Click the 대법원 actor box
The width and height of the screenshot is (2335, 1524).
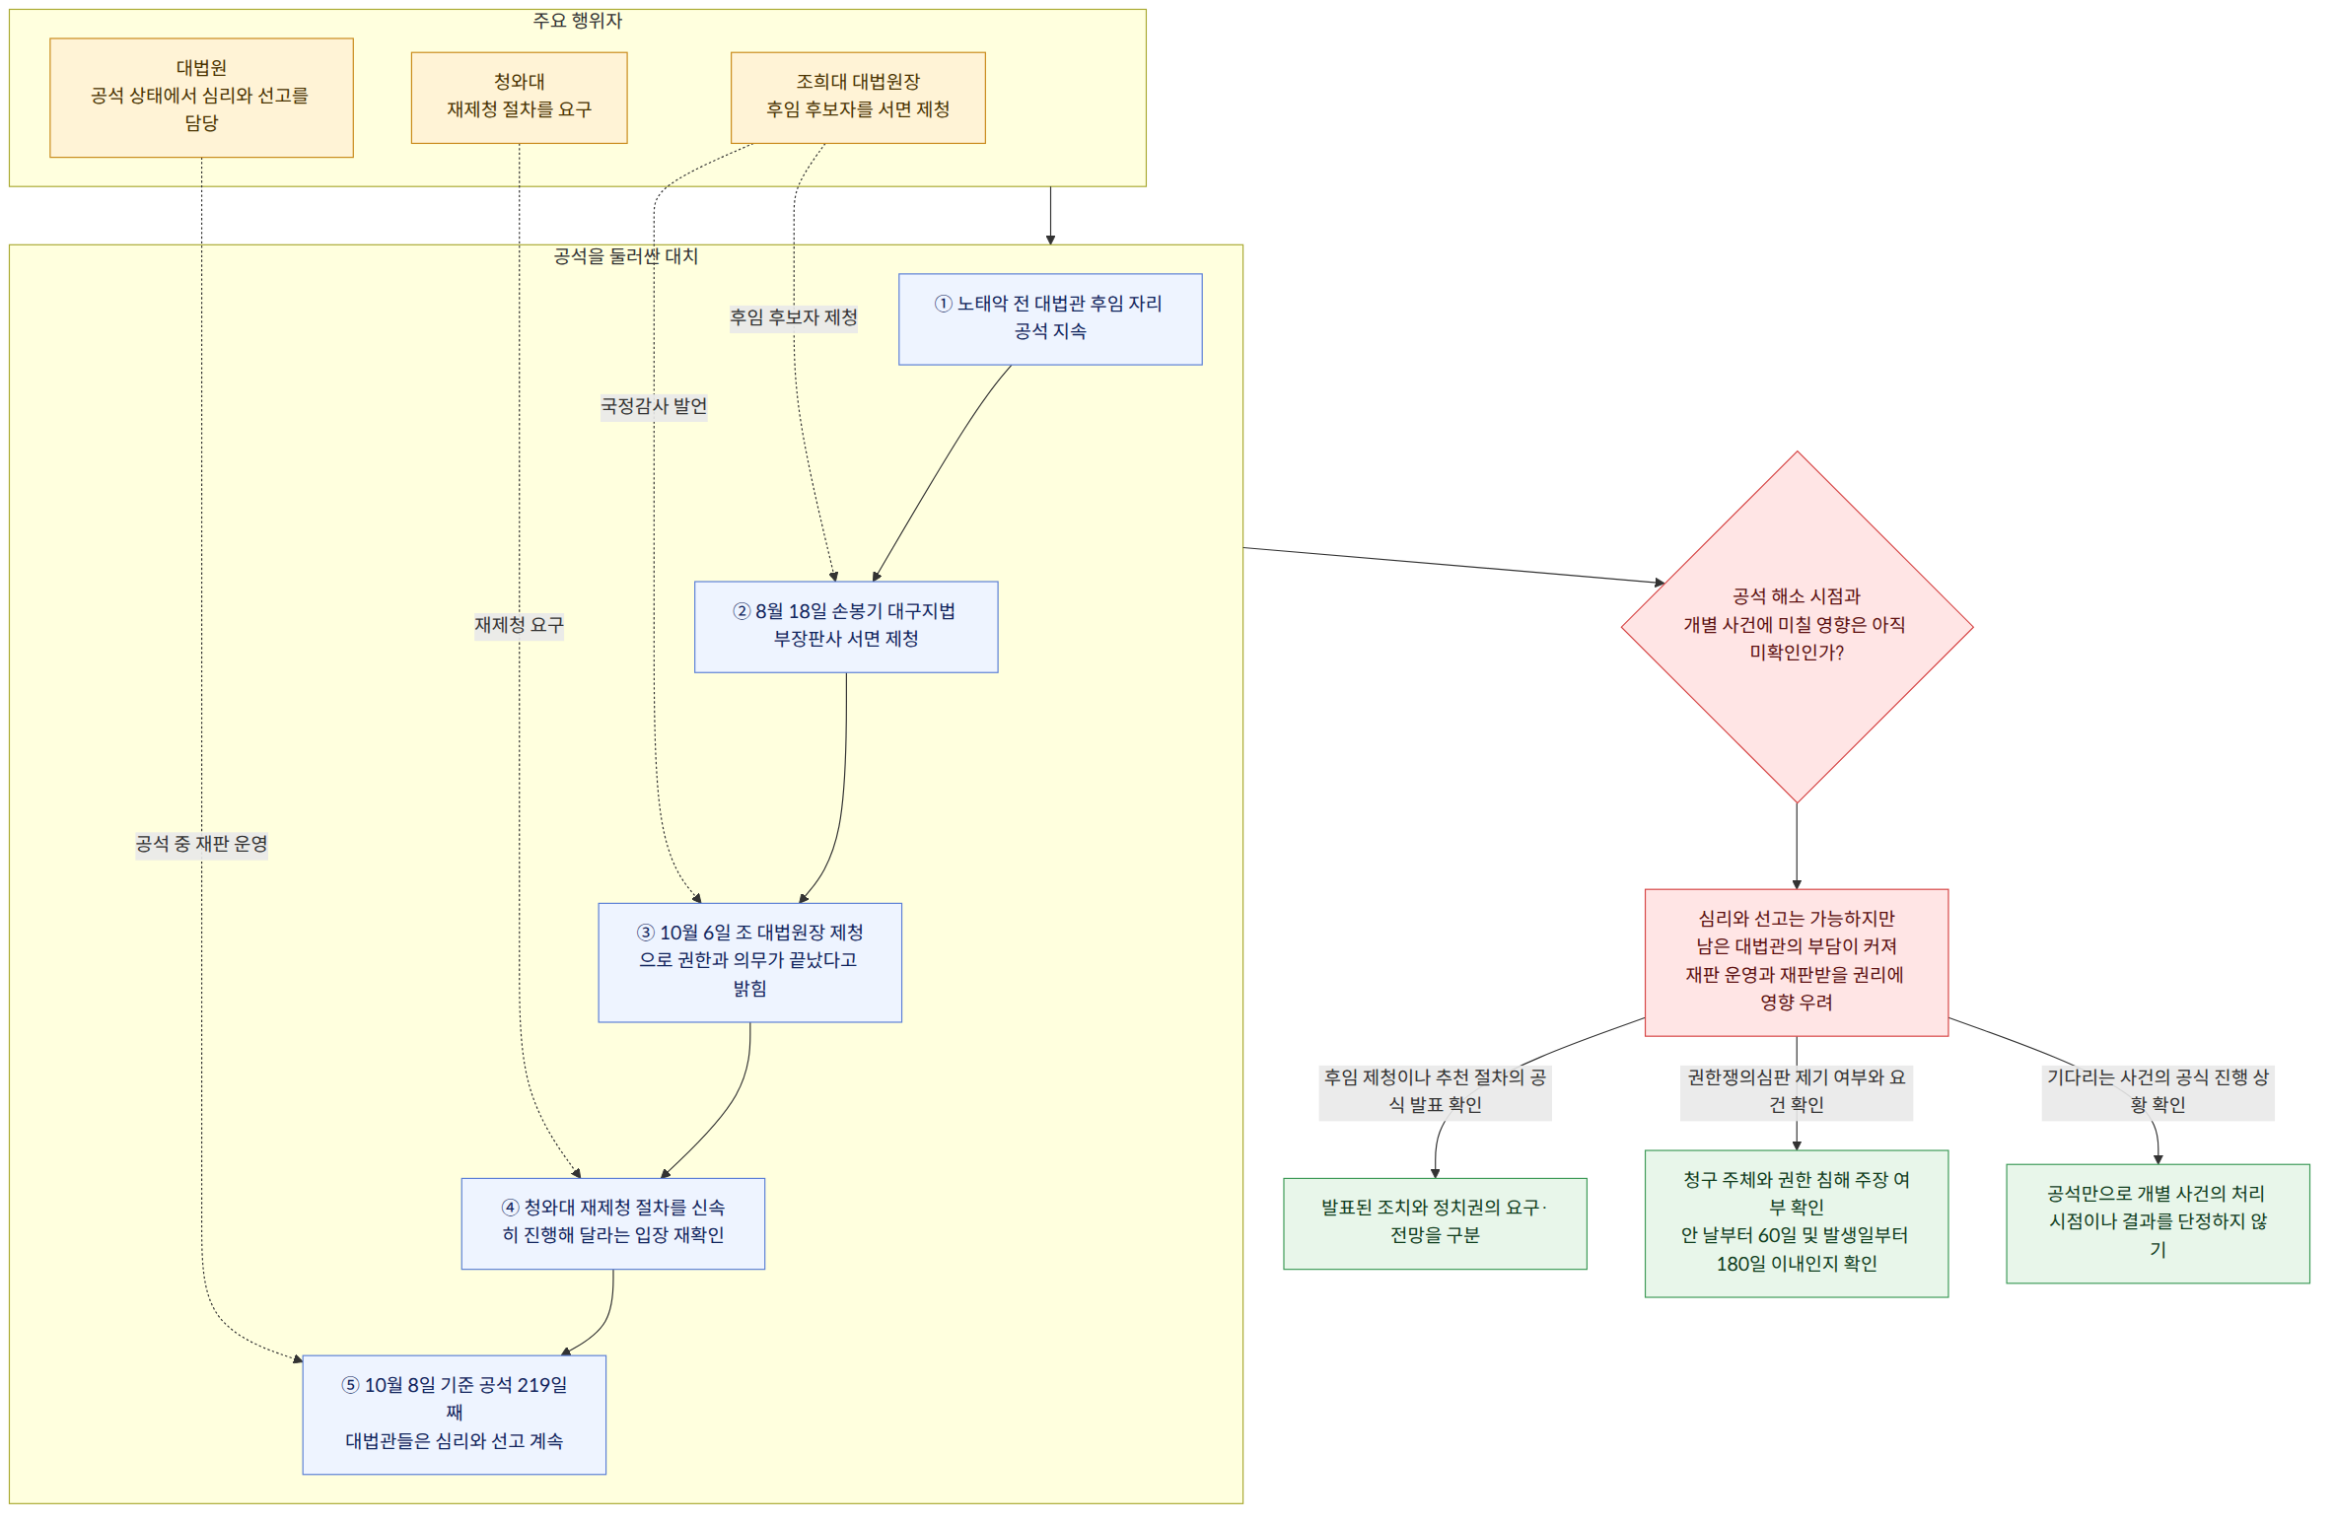(201, 98)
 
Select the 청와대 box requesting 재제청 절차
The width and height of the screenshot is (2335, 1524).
(519, 98)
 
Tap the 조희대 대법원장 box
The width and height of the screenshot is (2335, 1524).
(858, 98)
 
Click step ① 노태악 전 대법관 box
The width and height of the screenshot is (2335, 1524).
(1050, 319)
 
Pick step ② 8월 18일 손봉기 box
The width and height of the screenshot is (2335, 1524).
(846, 627)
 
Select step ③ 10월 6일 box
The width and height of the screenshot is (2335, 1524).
(749, 962)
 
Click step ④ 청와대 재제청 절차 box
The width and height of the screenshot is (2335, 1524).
(613, 1223)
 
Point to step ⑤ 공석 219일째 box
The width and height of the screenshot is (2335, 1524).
(455, 1415)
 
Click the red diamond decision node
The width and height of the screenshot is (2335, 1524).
(1797, 627)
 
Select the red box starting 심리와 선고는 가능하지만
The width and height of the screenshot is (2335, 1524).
(1797, 962)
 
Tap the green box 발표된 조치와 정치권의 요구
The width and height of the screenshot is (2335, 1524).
(1435, 1223)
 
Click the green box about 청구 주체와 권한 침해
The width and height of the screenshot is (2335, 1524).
(1797, 1223)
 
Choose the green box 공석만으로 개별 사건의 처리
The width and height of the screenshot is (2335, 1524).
(2158, 1223)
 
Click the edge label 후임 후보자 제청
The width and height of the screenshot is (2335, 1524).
(794, 317)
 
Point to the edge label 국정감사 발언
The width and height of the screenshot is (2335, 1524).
(654, 406)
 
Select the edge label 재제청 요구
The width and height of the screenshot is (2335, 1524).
(519, 625)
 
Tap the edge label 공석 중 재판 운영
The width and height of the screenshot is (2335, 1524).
(201, 844)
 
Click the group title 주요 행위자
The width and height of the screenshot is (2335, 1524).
(578, 21)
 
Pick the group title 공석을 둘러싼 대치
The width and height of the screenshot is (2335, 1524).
(626, 256)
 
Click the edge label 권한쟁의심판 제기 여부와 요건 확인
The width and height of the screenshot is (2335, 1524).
(1797, 1091)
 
